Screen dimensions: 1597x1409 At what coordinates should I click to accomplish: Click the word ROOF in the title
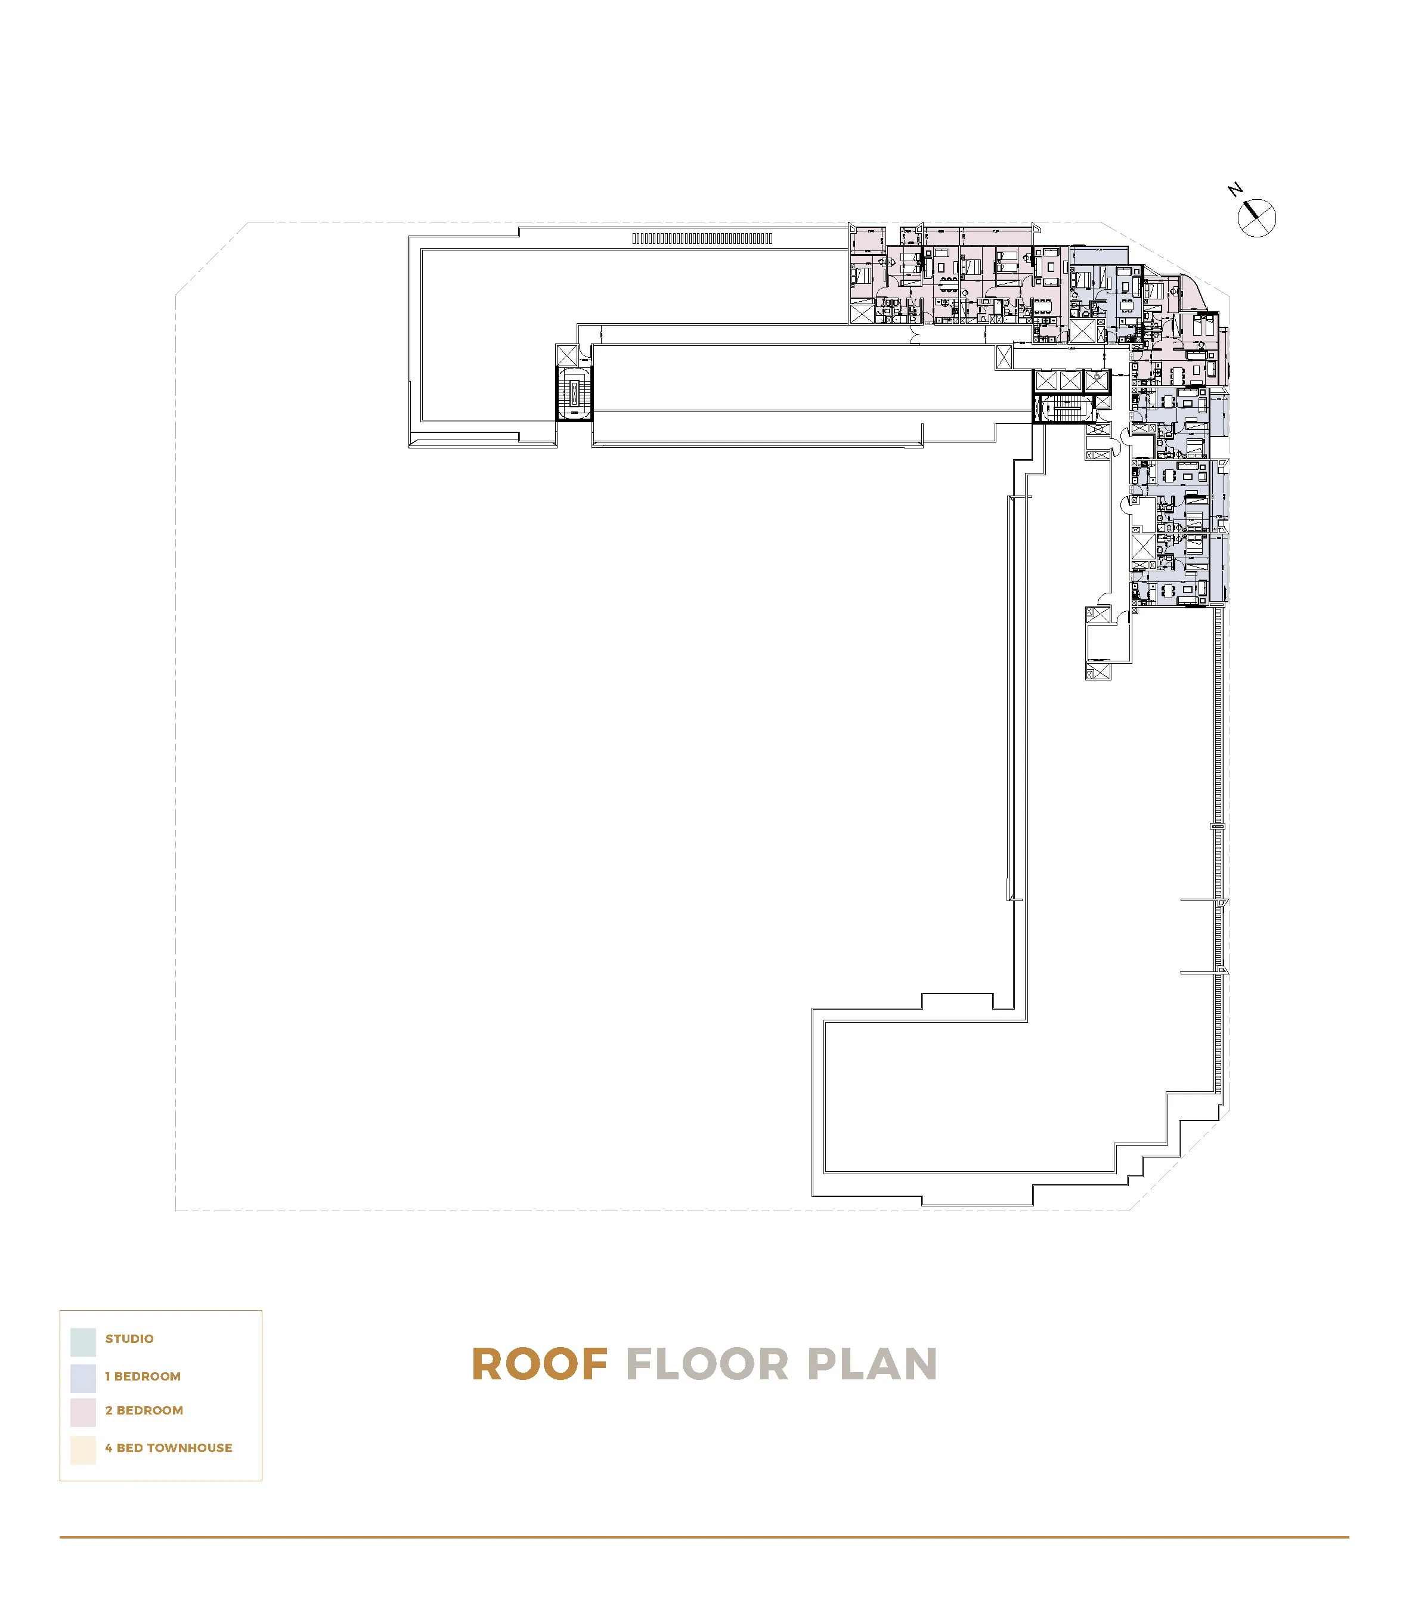tap(540, 1364)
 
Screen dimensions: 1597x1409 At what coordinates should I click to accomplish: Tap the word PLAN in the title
tap(872, 1364)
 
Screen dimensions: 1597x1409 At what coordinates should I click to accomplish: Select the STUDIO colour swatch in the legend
tap(83, 1342)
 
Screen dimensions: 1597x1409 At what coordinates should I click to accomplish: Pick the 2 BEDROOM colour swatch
tap(83, 1412)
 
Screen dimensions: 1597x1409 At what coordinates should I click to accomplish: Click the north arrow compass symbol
tap(1257, 218)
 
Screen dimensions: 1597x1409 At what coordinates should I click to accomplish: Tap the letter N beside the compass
tap(1235, 190)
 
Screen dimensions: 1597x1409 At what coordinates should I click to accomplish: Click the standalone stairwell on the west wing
tap(574, 393)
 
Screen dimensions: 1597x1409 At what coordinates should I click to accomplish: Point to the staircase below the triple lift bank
tap(1064, 408)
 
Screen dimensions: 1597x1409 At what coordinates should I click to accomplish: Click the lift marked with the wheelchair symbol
tap(1097, 380)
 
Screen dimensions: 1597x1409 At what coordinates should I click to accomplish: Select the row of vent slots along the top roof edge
tap(702, 239)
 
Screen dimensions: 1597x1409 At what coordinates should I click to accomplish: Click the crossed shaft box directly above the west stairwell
tap(567, 355)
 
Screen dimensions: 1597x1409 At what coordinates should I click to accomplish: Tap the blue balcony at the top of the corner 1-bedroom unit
tap(1099, 255)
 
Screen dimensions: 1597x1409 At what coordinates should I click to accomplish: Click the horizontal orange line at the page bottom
tap(703, 1537)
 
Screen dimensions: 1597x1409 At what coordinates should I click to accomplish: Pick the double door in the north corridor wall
tap(916, 338)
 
